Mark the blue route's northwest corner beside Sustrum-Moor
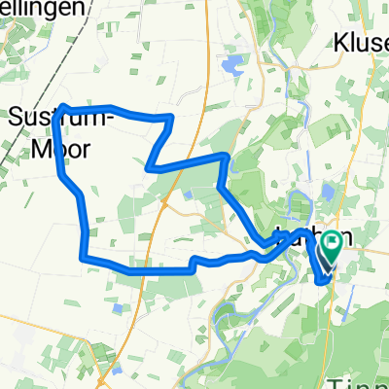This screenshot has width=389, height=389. [x=63, y=106]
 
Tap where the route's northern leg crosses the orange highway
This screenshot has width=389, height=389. [x=200, y=159]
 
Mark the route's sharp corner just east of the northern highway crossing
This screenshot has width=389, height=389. [x=226, y=155]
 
